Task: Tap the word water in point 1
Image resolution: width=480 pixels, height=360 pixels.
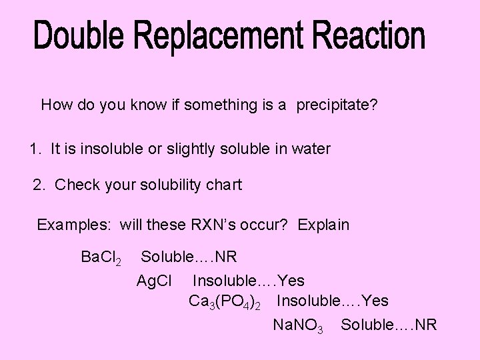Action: [x=310, y=149]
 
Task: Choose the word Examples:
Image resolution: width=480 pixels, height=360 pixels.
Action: [x=74, y=225]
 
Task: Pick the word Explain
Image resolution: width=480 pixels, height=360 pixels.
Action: [x=323, y=225]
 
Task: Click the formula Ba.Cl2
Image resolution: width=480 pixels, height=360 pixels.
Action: [x=100, y=257]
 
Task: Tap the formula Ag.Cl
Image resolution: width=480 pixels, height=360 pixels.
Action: [x=154, y=281]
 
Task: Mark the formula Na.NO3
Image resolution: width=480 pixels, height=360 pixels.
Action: [x=298, y=325]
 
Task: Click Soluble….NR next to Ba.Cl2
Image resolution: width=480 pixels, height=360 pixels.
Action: [x=189, y=257]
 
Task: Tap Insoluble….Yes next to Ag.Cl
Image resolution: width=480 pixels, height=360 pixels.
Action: [x=248, y=281]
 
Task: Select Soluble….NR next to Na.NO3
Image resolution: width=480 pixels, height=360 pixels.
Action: [x=389, y=325]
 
